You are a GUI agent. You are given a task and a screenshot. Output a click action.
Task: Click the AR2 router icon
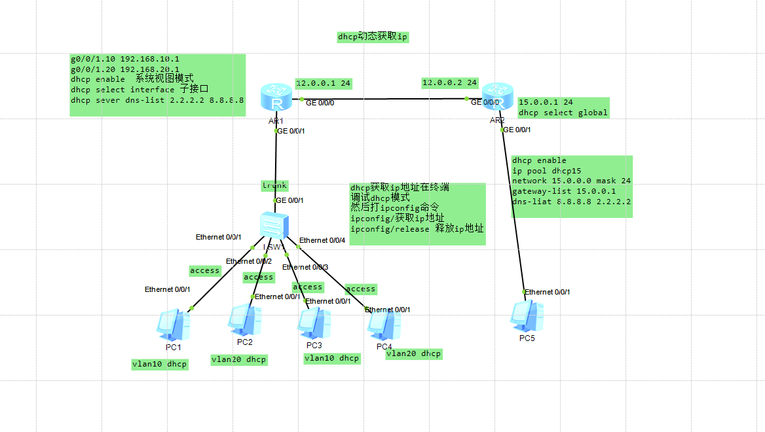point(498,98)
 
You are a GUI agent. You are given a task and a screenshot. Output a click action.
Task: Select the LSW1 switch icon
point(273,226)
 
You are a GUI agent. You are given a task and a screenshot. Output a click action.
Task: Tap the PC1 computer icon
point(173,325)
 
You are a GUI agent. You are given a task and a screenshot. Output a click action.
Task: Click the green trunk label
point(274,185)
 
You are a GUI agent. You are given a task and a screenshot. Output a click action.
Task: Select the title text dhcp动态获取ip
point(373,37)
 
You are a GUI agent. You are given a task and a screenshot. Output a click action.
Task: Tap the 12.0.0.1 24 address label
point(324,83)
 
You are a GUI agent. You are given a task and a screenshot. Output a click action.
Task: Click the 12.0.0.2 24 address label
point(450,82)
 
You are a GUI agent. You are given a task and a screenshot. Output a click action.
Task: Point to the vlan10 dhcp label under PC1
point(160,364)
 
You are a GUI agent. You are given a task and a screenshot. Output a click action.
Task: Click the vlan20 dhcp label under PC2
point(239,359)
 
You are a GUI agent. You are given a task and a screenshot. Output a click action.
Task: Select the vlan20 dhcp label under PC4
point(414,353)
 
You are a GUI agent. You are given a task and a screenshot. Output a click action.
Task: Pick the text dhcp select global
point(563,113)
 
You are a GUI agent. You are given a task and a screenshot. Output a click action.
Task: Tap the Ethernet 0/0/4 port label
point(322,240)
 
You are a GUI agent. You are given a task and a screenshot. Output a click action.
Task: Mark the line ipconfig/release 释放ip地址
point(417,228)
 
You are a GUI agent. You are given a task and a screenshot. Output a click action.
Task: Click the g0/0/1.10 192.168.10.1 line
point(125,59)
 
